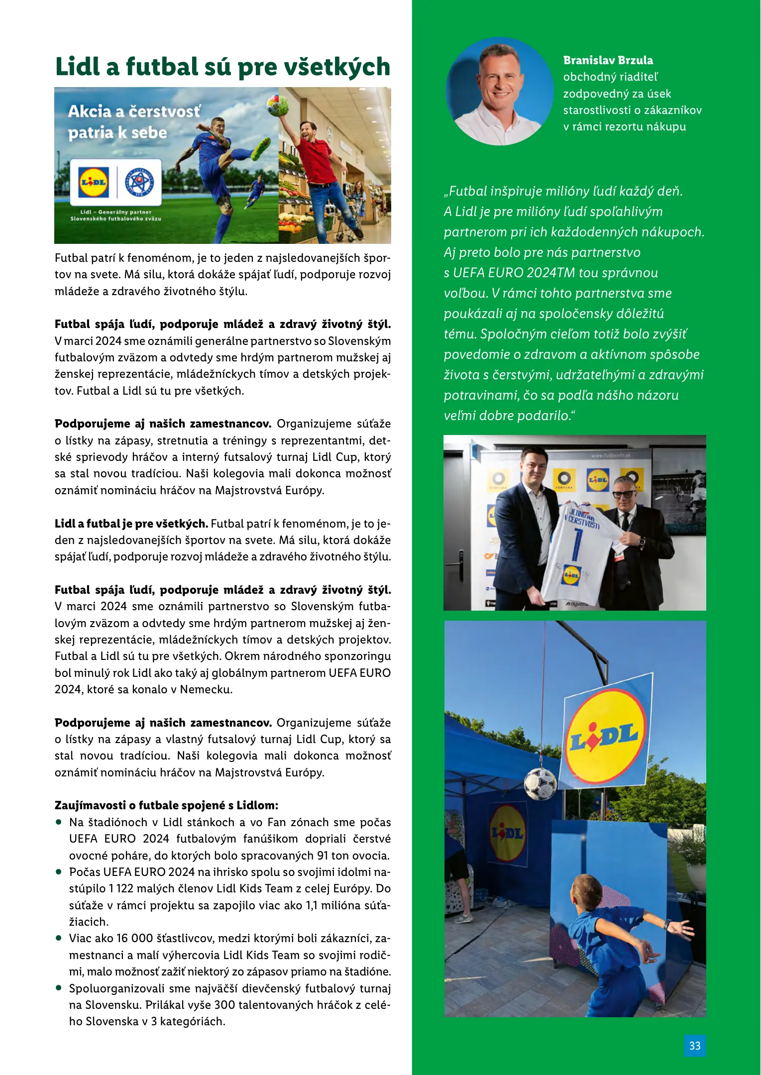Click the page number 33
(x=694, y=1046)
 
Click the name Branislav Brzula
(x=608, y=60)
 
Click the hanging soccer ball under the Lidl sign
(x=540, y=784)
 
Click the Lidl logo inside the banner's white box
(x=94, y=182)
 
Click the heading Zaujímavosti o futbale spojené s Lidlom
(x=166, y=805)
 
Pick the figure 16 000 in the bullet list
(x=134, y=938)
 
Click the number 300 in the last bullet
(x=224, y=1005)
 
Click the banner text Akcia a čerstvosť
(x=134, y=111)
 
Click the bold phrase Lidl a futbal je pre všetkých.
(x=131, y=524)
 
